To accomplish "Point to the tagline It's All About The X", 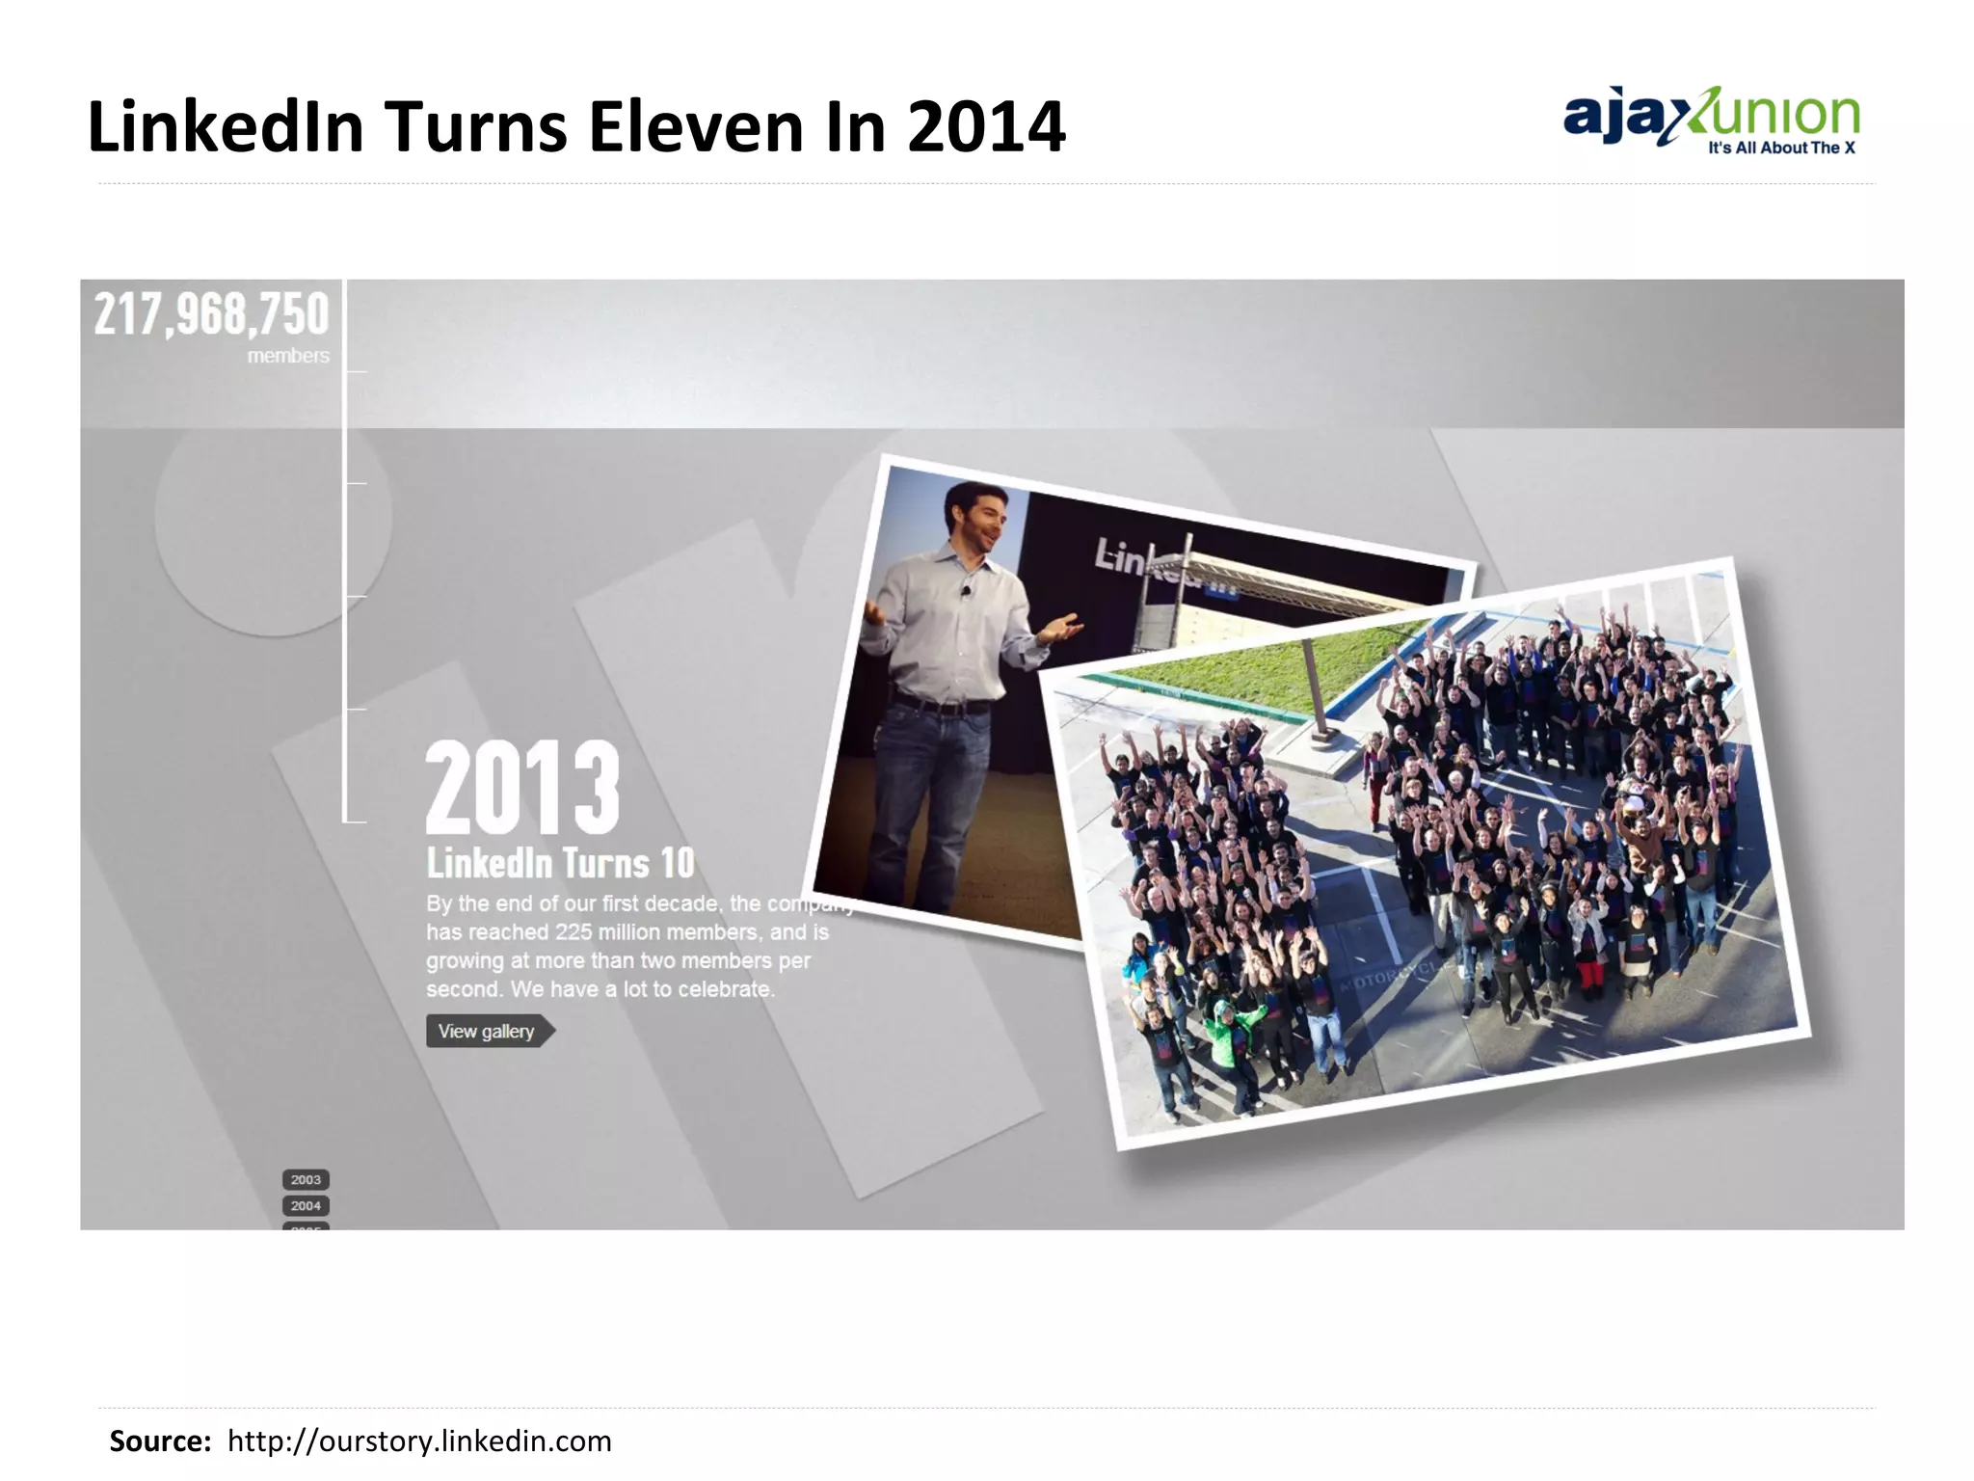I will point(1781,148).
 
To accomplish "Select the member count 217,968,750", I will point(211,314).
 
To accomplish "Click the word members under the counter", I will point(287,356).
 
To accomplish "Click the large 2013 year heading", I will point(522,789).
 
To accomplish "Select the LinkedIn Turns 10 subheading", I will point(560,863).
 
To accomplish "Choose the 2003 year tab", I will point(306,1180).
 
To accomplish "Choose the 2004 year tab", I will point(306,1206).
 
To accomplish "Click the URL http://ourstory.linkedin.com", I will point(419,1441).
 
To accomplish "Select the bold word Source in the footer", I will point(159,1441).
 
